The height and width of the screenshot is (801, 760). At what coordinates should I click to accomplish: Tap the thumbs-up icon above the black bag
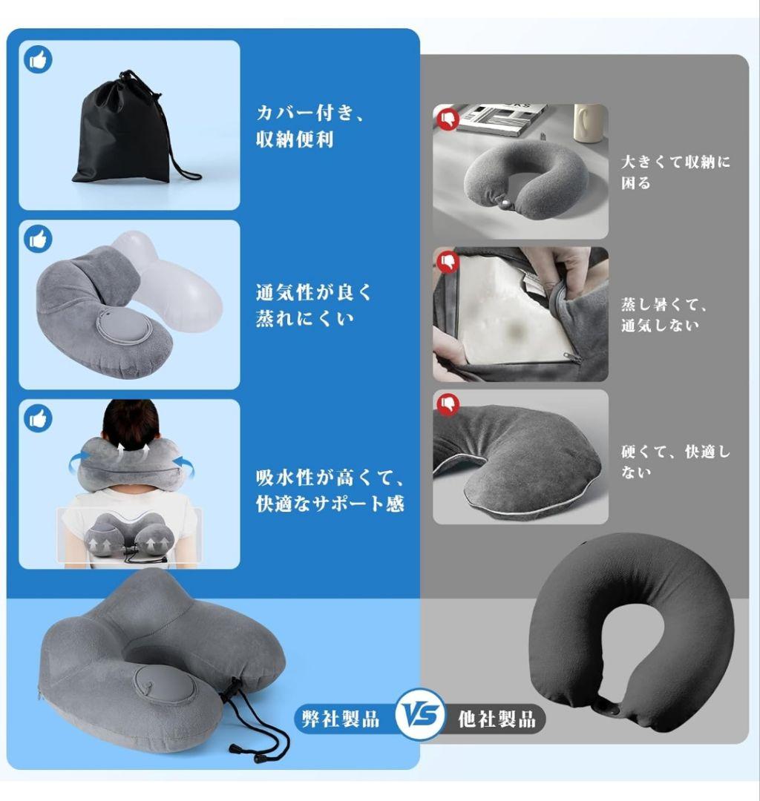click(x=38, y=59)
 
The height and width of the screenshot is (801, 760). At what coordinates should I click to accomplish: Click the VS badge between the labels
click(x=421, y=714)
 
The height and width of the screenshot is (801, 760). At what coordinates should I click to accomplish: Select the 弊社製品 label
click(x=341, y=719)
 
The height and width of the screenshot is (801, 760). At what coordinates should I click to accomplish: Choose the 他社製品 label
click(x=497, y=719)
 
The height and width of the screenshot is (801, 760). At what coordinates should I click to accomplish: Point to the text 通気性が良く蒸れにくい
click(x=313, y=305)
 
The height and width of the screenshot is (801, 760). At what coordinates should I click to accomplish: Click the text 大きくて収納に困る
click(x=675, y=172)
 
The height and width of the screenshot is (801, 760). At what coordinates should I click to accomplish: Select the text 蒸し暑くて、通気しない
click(x=664, y=314)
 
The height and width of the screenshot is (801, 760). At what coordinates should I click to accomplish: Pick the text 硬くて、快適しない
click(x=675, y=461)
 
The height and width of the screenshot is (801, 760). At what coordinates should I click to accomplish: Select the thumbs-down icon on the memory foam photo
click(x=448, y=262)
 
